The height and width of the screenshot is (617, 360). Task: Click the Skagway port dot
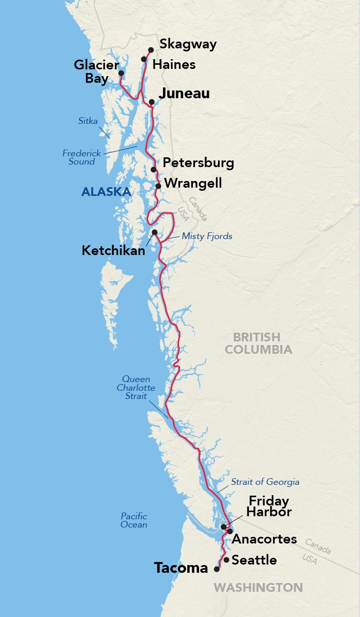pos(151,50)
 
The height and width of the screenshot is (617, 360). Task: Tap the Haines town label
pos(174,64)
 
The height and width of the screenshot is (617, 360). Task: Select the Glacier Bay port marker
pos(121,73)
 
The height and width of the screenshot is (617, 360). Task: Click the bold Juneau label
pos(184,94)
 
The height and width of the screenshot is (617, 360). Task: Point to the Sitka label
pos(88,121)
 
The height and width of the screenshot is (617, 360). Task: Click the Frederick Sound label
pos(82,157)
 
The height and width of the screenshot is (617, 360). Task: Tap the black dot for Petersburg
pos(154,169)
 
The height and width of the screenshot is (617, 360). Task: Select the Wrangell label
pos(193,183)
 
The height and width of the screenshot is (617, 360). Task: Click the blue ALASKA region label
pos(106,192)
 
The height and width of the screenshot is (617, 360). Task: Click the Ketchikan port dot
pos(154,232)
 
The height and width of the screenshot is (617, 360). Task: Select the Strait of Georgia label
pos(265,482)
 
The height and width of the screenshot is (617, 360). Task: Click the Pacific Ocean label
pos(134,520)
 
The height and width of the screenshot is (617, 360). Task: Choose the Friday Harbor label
pos(268,506)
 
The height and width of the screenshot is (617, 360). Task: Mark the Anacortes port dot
pos(230,531)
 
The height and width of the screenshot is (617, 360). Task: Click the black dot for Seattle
pos(226,559)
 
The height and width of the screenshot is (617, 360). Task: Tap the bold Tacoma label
pos(181,568)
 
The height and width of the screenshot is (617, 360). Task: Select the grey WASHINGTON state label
pos(258,587)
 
